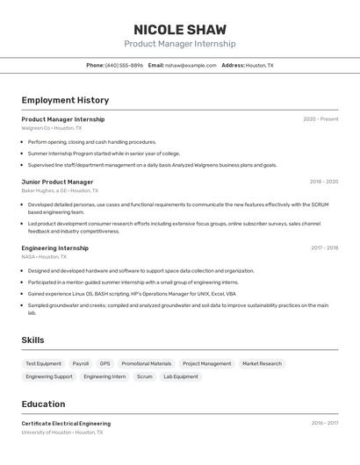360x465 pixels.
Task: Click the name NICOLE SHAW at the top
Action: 179,28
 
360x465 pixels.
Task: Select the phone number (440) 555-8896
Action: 124,65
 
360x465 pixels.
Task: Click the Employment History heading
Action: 65,100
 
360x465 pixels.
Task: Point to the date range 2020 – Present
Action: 320,119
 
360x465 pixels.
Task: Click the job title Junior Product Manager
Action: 57,182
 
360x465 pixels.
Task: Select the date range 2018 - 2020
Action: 323,182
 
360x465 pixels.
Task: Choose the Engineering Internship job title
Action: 54,248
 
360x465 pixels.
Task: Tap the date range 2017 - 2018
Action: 324,248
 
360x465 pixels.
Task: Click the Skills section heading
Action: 32,340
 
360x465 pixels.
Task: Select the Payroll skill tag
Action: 81,363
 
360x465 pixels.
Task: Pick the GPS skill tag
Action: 104,363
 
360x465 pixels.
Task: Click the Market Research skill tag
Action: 262,363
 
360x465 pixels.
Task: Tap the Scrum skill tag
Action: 144,376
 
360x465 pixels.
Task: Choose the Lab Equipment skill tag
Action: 180,376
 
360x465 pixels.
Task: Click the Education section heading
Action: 43,404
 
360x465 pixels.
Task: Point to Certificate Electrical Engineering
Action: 66,424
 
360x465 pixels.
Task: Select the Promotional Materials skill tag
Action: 147,363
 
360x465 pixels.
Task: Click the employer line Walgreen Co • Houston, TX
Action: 51,128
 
